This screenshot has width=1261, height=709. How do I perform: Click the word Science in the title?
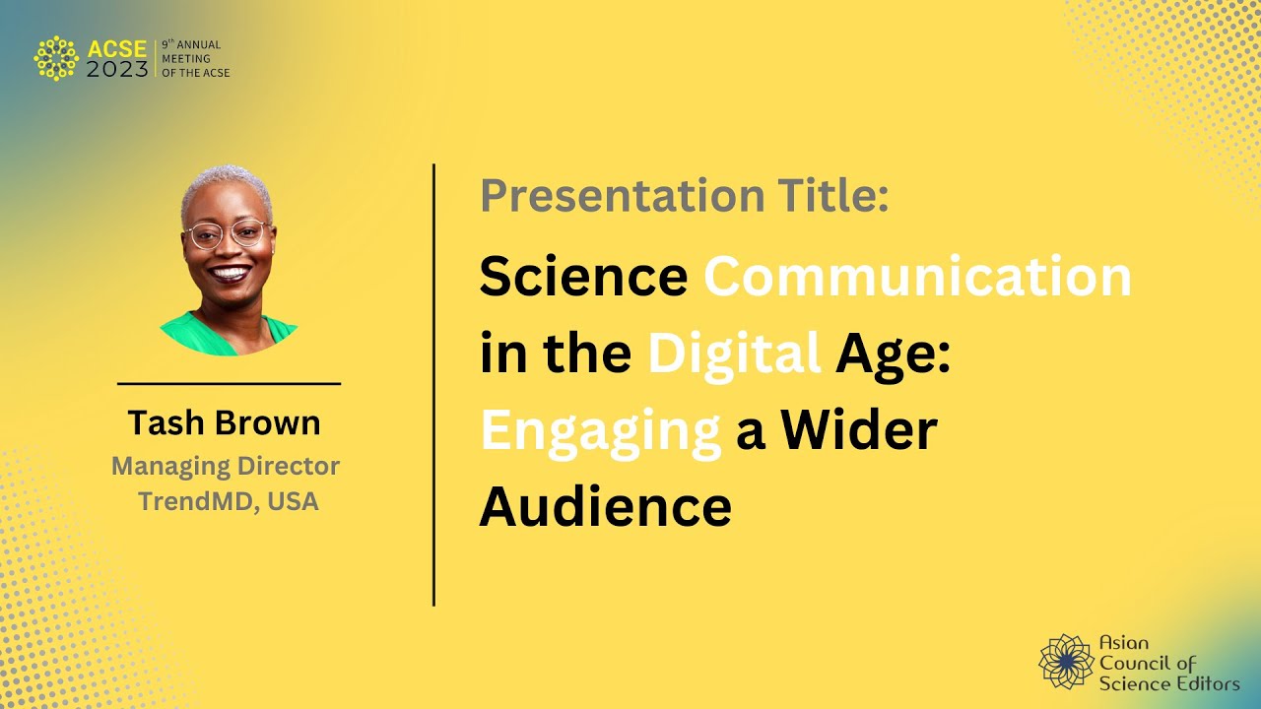coord(583,277)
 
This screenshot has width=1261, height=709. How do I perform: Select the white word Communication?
coord(917,277)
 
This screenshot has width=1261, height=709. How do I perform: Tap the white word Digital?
coord(734,354)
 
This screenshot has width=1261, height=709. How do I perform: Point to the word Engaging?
coord(601,431)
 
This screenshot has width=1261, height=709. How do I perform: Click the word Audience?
coord(605,506)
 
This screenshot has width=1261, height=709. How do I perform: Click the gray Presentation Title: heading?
coord(685,195)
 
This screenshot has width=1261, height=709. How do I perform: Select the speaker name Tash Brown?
coord(224,422)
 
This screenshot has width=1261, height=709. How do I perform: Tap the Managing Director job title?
coord(226,466)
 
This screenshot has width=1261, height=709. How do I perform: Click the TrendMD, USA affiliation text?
coord(228,501)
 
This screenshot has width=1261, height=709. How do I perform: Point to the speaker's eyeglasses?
coord(227,234)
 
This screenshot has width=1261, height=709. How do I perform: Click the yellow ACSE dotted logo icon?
coord(55,58)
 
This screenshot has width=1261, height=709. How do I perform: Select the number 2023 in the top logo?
coord(117,69)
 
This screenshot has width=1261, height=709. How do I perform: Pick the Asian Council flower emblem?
coord(1066,661)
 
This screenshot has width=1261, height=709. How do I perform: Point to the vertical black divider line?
coord(433,384)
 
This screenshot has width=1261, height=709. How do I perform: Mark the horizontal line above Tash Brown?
coord(229,383)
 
